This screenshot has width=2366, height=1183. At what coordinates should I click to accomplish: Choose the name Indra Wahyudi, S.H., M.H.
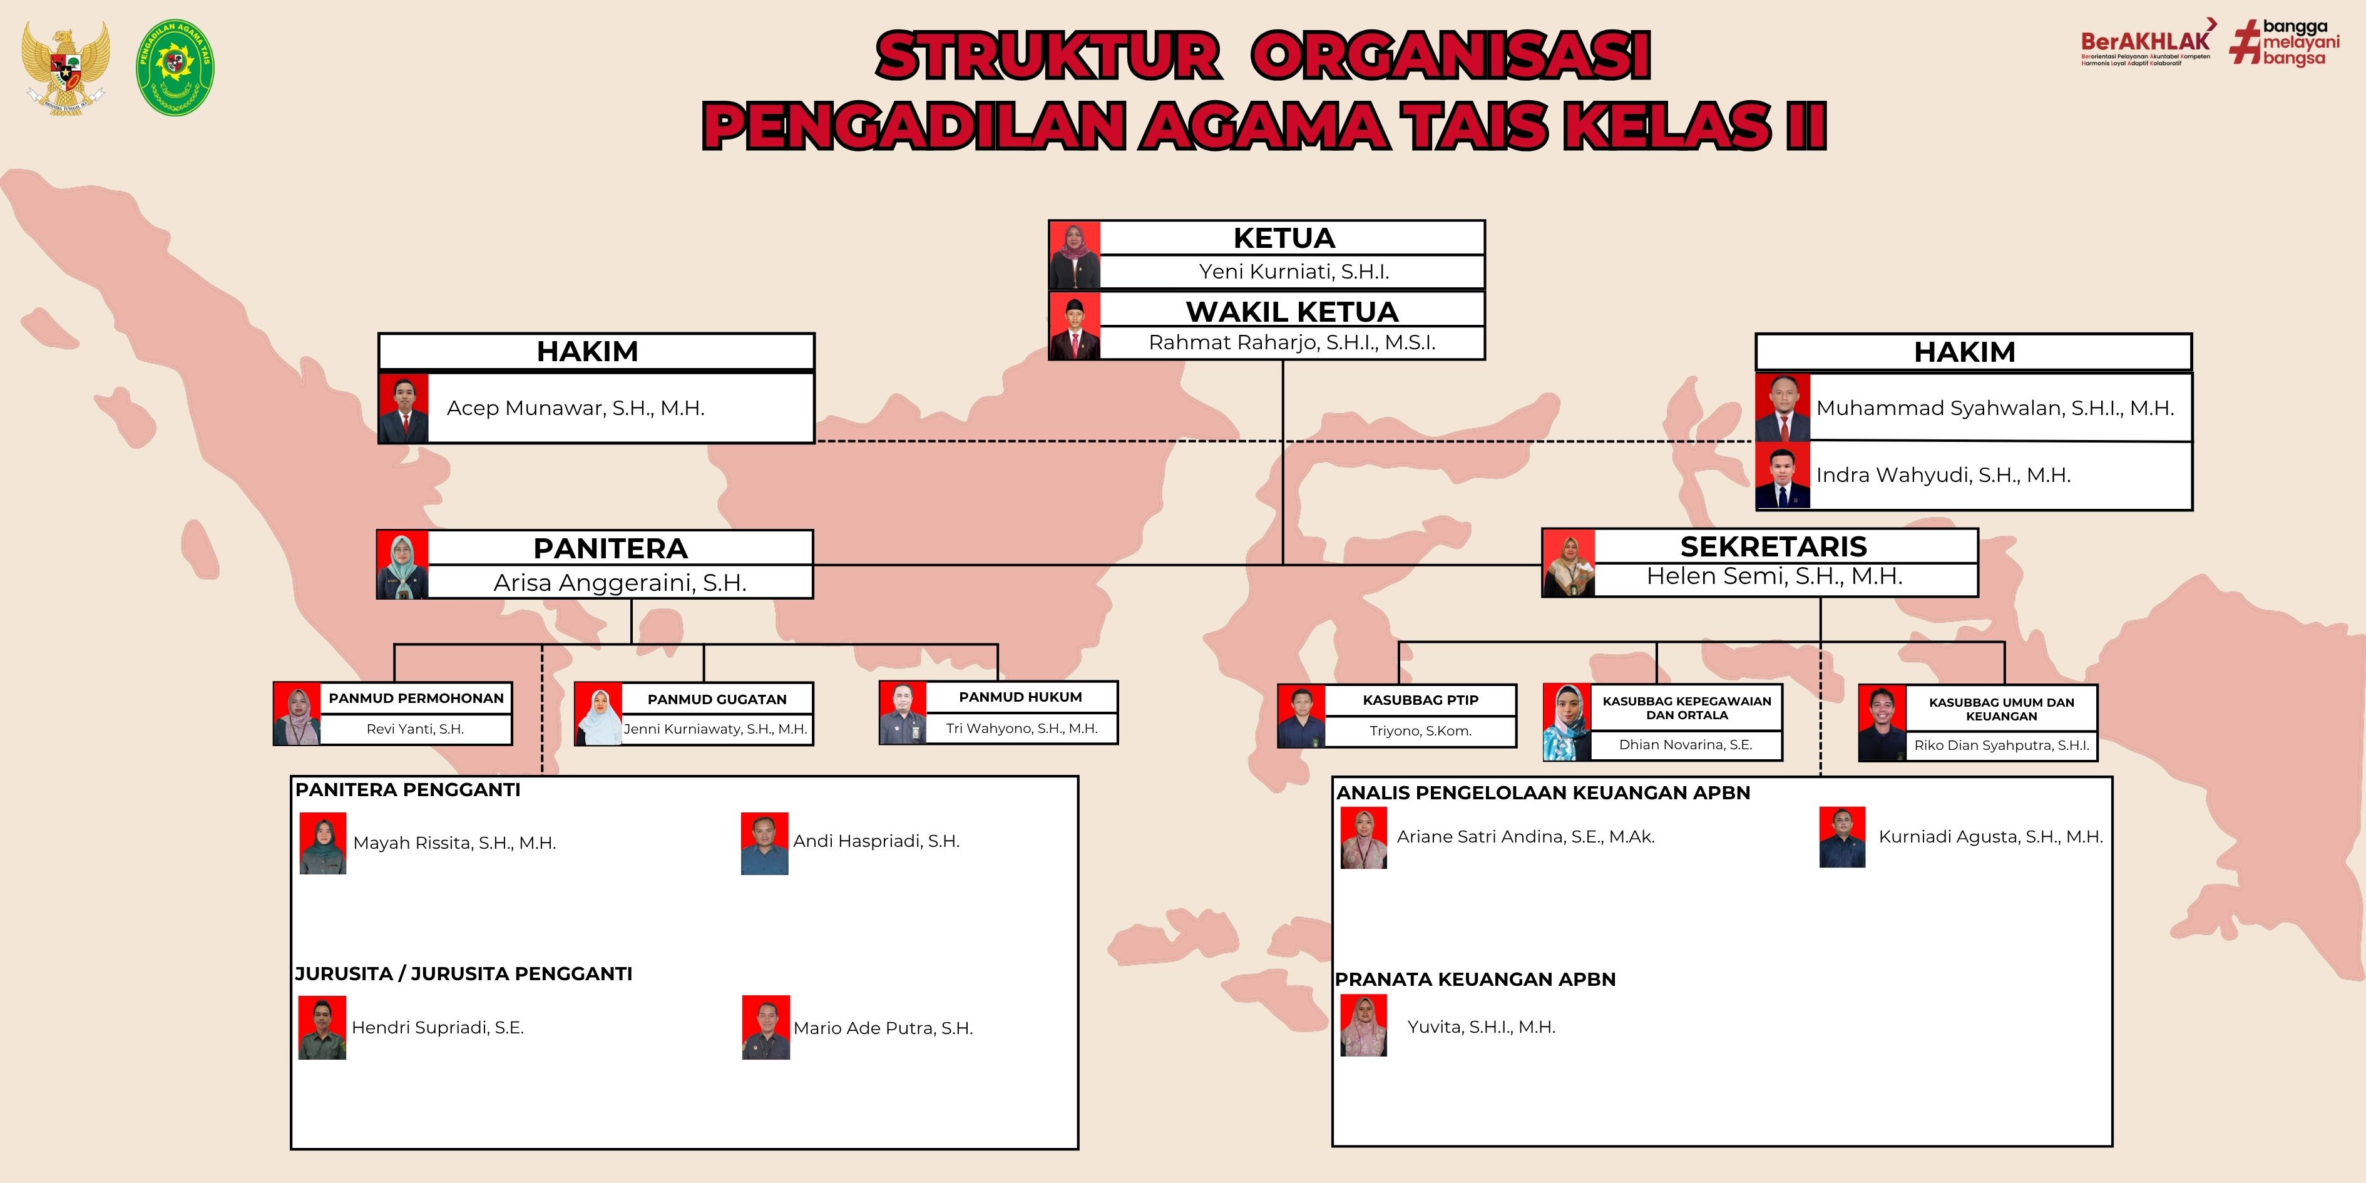pos(1943,475)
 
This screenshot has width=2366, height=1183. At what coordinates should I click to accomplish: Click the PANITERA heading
pos(611,548)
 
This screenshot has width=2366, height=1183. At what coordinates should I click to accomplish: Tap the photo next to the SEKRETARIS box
pos(1569,563)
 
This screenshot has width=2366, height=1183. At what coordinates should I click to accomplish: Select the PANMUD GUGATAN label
pos(717,699)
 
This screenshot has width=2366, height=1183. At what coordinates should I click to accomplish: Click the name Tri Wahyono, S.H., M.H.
pos(1022,729)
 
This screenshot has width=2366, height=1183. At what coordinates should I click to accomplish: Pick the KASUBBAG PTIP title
pos(1421,700)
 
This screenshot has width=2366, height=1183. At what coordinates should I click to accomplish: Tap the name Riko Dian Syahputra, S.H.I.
pos(2001,745)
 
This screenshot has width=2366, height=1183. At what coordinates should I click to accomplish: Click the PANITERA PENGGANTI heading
pos(408,790)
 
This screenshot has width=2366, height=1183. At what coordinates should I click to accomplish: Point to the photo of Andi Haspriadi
pos(765,843)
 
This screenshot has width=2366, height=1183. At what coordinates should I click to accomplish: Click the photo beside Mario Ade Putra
pos(766,1028)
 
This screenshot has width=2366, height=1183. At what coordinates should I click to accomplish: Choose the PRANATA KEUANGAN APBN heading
pos(1475,979)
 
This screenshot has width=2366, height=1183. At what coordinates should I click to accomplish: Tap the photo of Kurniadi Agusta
pos(1843,837)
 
